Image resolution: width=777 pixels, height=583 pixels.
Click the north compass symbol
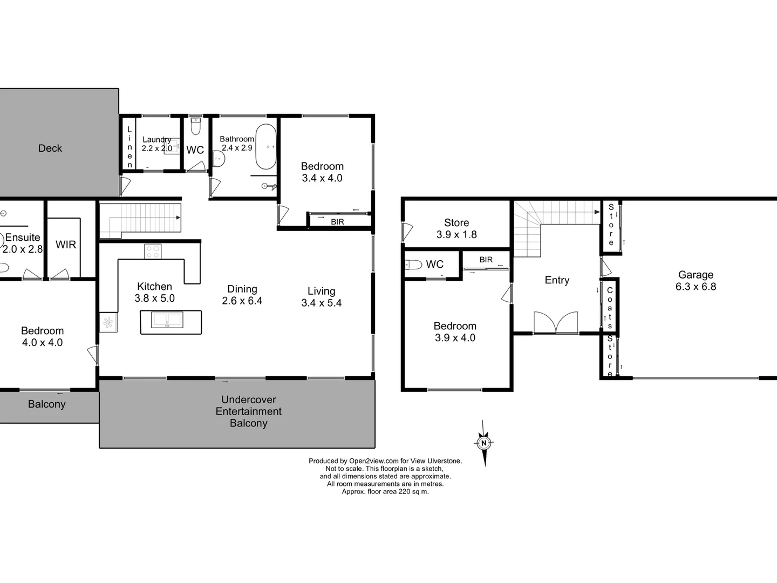pyautogui.click(x=484, y=443)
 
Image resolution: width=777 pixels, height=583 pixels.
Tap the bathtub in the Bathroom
pyautogui.click(x=265, y=147)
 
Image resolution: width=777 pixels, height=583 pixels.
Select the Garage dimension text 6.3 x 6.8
pyautogui.click(x=696, y=287)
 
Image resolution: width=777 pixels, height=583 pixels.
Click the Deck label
pyautogui.click(x=50, y=148)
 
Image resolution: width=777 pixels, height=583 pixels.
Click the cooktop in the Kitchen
pyautogui.click(x=153, y=252)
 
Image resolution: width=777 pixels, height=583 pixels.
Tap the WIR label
pyautogui.click(x=66, y=245)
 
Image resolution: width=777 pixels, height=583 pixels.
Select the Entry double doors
pyautogui.click(x=556, y=323)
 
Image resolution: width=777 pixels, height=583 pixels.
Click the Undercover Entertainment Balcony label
pyautogui.click(x=249, y=411)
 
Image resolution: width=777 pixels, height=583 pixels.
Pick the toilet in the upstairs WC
pyautogui.click(x=196, y=127)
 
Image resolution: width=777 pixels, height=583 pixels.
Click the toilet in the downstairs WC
pyautogui.click(x=414, y=265)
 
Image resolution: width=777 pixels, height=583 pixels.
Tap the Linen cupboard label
pyautogui.click(x=129, y=147)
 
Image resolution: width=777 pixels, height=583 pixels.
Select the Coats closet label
pyautogui.click(x=610, y=308)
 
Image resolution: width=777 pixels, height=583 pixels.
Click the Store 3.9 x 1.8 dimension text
pyautogui.click(x=456, y=234)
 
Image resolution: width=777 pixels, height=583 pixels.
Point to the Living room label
pyautogui.click(x=321, y=291)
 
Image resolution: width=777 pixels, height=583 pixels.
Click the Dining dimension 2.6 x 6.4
pyautogui.click(x=242, y=301)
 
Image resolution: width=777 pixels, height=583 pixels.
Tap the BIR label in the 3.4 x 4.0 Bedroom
pyautogui.click(x=337, y=221)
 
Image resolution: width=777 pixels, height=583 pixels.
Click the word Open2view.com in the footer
pyautogui.click(x=373, y=461)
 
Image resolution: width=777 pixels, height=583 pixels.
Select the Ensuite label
pyautogui.click(x=23, y=238)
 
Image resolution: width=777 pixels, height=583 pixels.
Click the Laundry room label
pyautogui.click(x=156, y=139)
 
